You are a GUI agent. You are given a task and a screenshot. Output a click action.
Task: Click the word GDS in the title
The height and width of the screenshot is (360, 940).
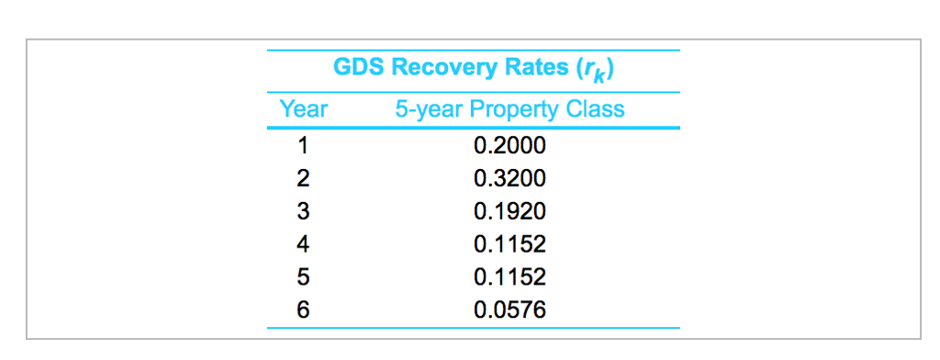point(358,69)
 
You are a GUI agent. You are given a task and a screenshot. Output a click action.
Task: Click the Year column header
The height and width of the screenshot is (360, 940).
point(303,109)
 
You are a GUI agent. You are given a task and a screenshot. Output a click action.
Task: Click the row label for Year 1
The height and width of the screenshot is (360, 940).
point(303,145)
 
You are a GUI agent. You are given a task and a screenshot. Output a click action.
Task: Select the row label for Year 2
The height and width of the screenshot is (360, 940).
point(303,178)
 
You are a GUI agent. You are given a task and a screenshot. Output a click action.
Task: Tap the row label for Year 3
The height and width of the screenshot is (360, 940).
point(303,211)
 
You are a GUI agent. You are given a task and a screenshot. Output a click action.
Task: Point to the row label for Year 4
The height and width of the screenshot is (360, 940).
point(303,244)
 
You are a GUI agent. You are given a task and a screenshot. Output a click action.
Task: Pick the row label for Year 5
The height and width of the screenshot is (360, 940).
point(303,277)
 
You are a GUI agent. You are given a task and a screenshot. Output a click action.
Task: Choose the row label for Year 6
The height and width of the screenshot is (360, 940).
point(303,310)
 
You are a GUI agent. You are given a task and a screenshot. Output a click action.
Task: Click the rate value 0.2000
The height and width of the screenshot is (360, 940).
point(509,145)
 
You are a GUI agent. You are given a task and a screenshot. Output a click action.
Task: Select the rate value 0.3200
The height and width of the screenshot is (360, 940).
point(509,178)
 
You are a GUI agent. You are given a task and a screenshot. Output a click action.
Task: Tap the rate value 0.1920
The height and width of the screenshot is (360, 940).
point(509,211)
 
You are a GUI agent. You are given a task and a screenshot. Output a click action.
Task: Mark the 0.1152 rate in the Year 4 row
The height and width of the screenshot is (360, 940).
point(509,244)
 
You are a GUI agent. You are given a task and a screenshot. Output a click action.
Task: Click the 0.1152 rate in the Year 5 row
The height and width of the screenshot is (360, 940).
point(509,277)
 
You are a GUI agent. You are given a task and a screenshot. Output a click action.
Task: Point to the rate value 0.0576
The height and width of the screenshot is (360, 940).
point(509,310)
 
